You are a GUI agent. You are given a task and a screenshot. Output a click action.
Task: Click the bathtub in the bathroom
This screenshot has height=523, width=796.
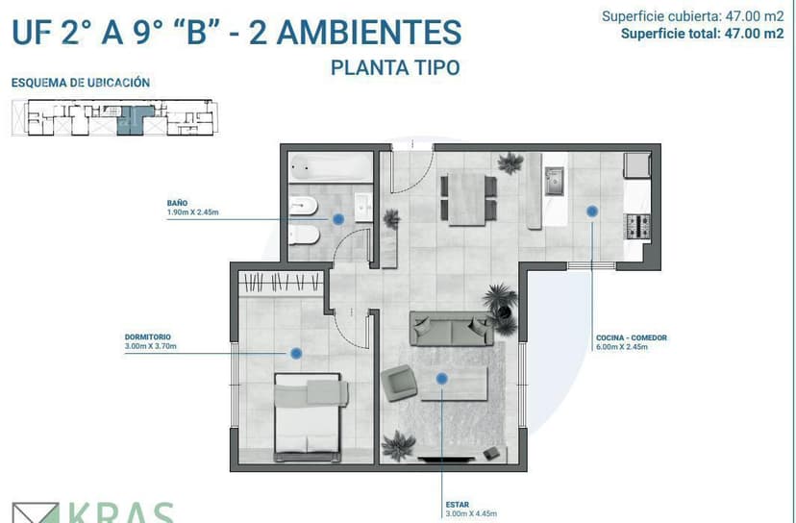[x=331, y=167]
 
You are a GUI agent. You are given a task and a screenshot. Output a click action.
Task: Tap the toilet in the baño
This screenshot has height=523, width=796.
[x=304, y=235]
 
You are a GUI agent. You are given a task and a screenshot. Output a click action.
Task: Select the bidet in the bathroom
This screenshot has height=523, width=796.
[x=303, y=206]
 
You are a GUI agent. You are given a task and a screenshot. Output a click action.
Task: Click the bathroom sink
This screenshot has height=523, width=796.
[x=363, y=207]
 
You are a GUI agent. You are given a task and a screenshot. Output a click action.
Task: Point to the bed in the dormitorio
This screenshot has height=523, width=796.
[x=308, y=417]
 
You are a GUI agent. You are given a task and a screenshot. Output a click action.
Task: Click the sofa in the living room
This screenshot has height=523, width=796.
[x=451, y=329]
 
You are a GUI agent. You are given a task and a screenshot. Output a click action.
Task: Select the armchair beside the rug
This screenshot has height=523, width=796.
[x=399, y=384]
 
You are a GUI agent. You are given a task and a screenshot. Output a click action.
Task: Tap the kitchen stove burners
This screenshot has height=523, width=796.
[x=637, y=227]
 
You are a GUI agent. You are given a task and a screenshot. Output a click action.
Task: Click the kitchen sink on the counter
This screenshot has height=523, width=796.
[x=555, y=182]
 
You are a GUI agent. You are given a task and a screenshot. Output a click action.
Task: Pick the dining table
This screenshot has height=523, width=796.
[x=467, y=199]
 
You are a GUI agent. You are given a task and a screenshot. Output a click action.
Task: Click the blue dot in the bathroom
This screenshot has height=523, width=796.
[x=338, y=219]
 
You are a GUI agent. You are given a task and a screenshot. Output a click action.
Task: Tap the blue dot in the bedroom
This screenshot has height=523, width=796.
[x=296, y=354]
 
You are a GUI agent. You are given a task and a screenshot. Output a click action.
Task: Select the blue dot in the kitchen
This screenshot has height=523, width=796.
[x=592, y=212]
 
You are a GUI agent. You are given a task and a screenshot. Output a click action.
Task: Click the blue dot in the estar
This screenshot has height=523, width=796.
[x=441, y=379]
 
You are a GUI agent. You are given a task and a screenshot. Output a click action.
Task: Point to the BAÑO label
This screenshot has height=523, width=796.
[x=177, y=203]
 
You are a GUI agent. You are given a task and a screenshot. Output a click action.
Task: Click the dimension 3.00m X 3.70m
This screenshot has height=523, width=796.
[x=151, y=346]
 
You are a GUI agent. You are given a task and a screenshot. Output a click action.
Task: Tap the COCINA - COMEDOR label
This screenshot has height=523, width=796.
[x=632, y=337]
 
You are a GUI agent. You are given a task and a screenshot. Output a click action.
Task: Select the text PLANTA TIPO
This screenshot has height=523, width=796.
[x=395, y=67]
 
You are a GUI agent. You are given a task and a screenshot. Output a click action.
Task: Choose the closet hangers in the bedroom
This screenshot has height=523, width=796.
[x=281, y=283]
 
